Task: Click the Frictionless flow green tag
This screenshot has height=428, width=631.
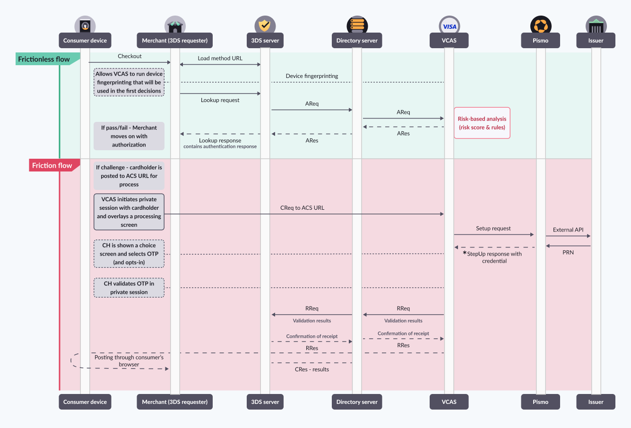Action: pos(44,59)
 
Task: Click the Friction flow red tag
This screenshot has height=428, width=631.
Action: pos(52,165)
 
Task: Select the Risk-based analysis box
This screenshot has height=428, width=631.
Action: pos(482,123)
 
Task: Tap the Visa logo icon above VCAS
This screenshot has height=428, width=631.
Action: pos(449,26)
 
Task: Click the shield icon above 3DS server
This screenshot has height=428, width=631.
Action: pos(265,26)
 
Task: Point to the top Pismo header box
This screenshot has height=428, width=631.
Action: pos(540,41)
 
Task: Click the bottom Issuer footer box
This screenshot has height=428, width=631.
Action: pos(596,402)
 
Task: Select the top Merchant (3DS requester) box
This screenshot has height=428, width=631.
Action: pos(174,41)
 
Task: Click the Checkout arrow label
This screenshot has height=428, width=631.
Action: pos(130,56)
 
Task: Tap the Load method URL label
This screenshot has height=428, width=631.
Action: pos(220,58)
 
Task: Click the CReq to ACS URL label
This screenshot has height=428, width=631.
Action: pos(302,208)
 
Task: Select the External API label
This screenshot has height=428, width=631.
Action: pos(568,230)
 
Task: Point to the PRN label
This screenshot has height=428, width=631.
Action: pos(568,252)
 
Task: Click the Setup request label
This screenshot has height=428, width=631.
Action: pos(493,228)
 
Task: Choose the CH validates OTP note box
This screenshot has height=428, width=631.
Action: pos(129,288)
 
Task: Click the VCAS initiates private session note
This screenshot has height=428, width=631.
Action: pos(129,212)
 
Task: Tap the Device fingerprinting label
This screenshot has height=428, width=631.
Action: pos(311,76)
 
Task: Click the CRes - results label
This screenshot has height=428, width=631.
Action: pos(311,369)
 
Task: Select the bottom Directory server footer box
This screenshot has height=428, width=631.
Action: pos(357,402)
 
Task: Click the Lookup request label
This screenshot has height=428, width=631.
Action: pos(220,100)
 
